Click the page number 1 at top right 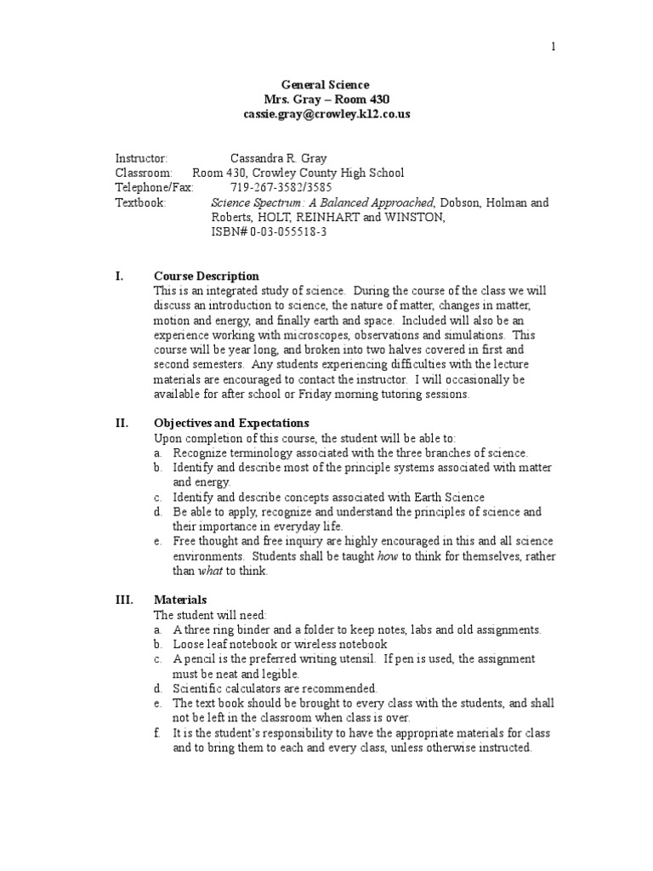[553, 47]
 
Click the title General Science [326, 85]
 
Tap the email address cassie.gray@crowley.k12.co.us [326, 113]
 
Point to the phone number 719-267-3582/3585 [281, 188]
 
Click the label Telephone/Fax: [154, 188]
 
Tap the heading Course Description [207, 276]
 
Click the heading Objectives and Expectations [231, 423]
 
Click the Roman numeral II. [122, 423]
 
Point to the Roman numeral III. [124, 600]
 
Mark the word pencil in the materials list [202, 658]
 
